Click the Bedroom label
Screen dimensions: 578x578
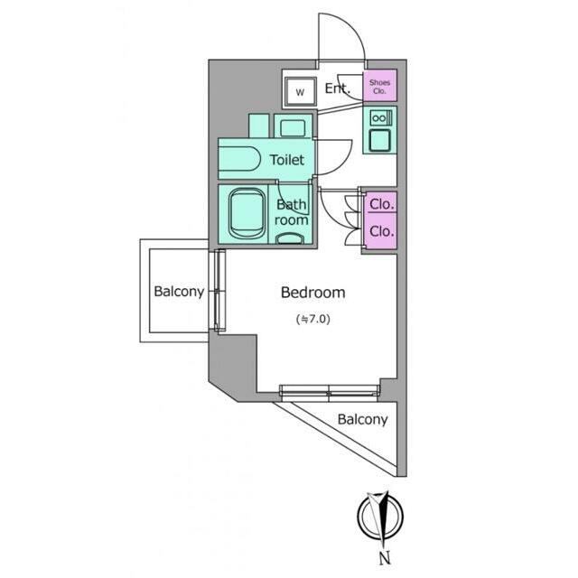pos(313,293)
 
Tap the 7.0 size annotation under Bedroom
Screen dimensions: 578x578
pos(313,319)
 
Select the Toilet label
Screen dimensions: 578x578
pos(287,160)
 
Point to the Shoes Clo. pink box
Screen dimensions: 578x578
pos(379,86)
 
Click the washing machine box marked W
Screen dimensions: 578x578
pos(301,92)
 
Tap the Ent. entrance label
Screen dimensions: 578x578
pos(337,89)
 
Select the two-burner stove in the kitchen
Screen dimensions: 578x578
pos(379,118)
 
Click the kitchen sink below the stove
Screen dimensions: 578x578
pos(379,140)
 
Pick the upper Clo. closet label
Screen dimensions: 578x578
pos(381,204)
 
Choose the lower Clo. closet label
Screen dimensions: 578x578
pos(381,231)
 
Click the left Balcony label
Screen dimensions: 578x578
pos(179,291)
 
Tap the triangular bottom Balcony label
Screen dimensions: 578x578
pos(363,419)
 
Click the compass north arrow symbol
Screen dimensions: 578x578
pos(381,517)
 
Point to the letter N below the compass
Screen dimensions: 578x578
pos(385,558)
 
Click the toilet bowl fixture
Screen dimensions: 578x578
pos(238,159)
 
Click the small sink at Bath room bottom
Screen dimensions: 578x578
pos(290,238)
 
